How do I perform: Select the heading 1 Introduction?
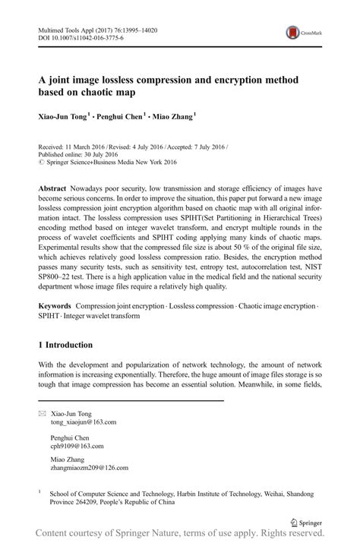[x=74, y=344]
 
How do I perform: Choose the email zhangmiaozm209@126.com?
[x=89, y=468]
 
